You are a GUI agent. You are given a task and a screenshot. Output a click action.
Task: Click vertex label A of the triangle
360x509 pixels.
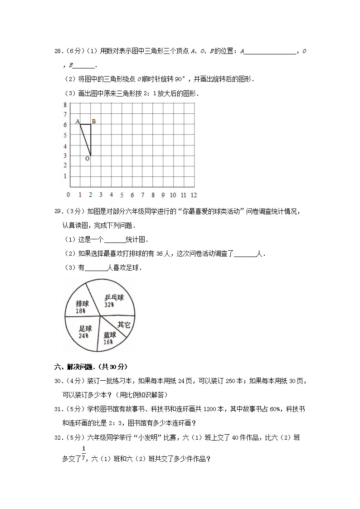(78, 121)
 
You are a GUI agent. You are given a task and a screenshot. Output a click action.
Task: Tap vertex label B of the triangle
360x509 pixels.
(93, 121)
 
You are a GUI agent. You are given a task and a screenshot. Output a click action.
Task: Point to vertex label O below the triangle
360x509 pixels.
(87, 159)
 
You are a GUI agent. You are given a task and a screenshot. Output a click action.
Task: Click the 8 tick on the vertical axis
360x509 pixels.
(65, 104)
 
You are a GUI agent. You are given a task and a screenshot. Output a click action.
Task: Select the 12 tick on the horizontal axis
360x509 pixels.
(194, 195)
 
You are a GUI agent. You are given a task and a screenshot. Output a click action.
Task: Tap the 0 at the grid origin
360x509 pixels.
(68, 195)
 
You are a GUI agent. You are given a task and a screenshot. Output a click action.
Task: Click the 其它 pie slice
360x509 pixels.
(123, 325)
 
